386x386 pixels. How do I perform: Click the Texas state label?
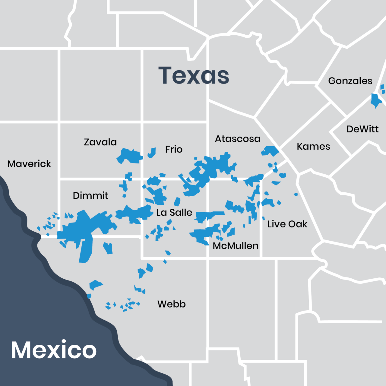[194, 75]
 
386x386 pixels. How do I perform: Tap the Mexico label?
[54, 350]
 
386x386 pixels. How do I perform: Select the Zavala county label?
[100, 142]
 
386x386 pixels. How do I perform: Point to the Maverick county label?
[29, 164]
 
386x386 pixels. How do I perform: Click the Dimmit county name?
[90, 195]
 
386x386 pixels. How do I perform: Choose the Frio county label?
[174, 149]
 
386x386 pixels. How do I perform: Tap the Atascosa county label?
[237, 139]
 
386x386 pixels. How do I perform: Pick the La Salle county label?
[174, 212]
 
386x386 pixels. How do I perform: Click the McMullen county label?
[236, 246]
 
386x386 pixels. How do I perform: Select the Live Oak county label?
[287, 224]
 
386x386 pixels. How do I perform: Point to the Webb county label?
[171, 304]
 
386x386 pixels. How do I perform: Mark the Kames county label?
[313, 147]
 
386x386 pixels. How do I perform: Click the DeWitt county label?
[362, 129]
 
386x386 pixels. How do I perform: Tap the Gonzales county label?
[350, 81]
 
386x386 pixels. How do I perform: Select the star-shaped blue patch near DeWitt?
[376, 100]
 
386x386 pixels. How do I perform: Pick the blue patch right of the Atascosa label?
[270, 150]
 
